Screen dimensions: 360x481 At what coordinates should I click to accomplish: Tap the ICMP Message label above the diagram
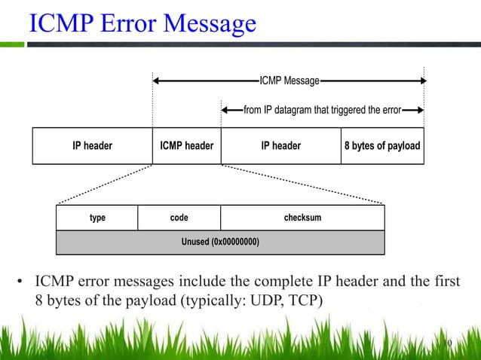[x=289, y=80]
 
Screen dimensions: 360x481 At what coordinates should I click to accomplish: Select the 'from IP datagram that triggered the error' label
[x=322, y=110]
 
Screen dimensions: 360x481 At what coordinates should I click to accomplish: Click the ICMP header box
[x=186, y=145]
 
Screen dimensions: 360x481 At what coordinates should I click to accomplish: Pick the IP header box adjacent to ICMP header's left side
[x=92, y=145]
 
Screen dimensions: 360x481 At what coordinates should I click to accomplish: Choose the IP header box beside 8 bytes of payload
[x=280, y=145]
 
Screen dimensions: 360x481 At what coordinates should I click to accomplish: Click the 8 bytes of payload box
[x=381, y=145]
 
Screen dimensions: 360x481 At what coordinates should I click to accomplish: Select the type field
[x=97, y=218]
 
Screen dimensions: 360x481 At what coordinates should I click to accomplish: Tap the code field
[x=179, y=218]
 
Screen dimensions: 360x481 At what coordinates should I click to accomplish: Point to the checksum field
[x=302, y=218]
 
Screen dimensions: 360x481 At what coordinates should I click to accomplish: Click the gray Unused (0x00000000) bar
[x=220, y=242]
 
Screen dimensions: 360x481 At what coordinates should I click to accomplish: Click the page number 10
[x=445, y=344]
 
